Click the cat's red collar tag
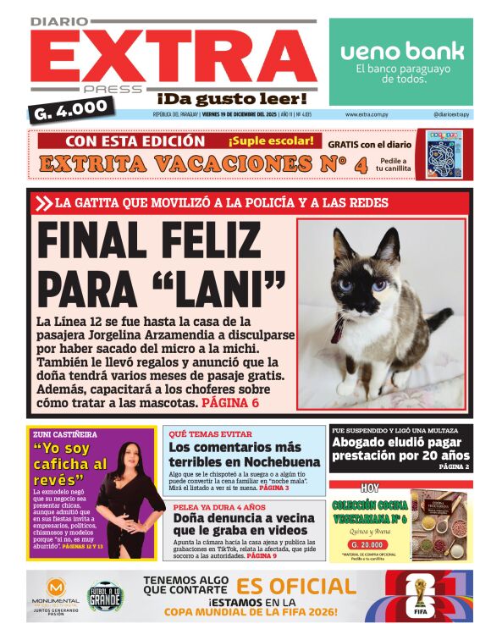pos(338,329)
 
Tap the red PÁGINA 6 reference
pos(230,403)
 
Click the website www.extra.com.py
pos(367,114)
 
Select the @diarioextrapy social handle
pos(451,114)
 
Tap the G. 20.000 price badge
pos(370,544)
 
